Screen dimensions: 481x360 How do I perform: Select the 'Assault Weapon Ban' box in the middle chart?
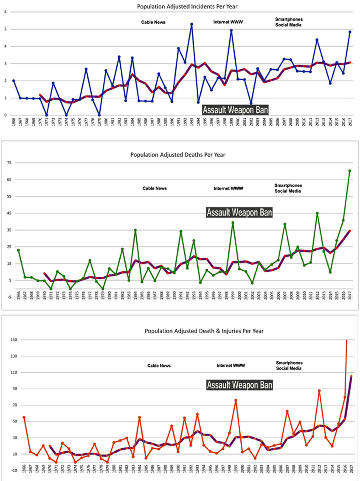(239, 212)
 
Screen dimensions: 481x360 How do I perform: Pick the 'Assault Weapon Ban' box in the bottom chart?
(240, 386)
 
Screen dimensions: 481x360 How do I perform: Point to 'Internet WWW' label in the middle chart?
(228, 188)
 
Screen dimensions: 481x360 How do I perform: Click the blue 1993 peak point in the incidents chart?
(191, 24)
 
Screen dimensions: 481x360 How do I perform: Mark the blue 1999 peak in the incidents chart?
(232, 31)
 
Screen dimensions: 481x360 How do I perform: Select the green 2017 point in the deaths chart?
(350, 171)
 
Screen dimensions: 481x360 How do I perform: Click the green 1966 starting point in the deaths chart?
(18, 250)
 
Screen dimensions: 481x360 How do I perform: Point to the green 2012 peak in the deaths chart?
(317, 213)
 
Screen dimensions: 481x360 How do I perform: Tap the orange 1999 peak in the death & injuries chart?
(236, 400)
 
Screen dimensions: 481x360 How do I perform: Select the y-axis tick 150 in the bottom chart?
(12, 340)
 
